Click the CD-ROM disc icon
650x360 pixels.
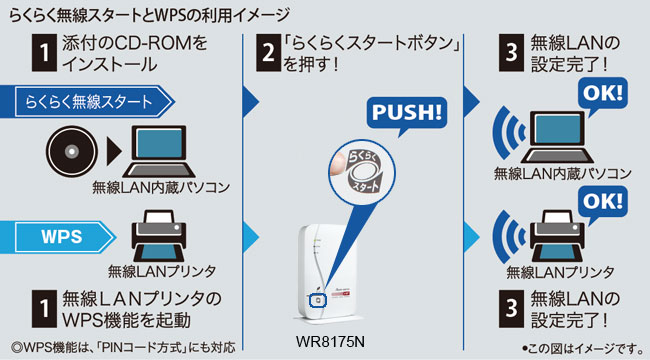click(72, 152)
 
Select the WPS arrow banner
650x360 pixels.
click(58, 237)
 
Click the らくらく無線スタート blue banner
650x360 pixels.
click(87, 102)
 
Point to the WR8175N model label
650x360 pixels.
click(330, 342)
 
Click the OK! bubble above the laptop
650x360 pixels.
click(603, 94)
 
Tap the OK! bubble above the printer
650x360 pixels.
click(603, 202)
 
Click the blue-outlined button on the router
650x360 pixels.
click(318, 300)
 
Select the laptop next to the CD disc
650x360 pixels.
click(159, 152)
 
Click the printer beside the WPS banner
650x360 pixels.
click(159, 236)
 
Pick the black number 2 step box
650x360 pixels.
click(269, 53)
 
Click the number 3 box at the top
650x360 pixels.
click(511, 53)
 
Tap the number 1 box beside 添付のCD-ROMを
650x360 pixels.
click(44, 53)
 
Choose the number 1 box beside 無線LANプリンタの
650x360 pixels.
click(44, 309)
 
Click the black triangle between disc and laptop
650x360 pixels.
click(114, 152)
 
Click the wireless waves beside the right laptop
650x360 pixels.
click(508, 133)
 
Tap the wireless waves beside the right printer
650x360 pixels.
click(508, 237)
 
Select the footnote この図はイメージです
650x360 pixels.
click(583, 348)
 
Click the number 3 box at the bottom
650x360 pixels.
click(511, 309)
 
